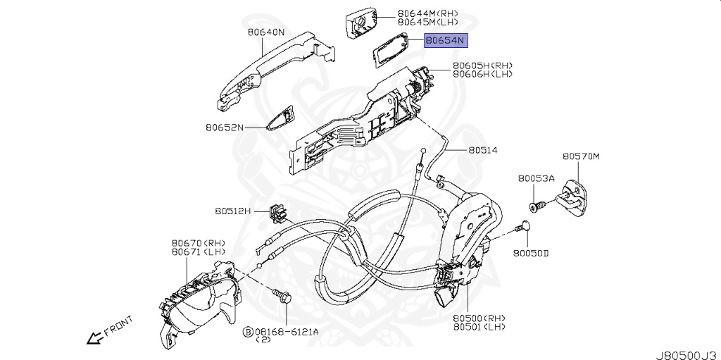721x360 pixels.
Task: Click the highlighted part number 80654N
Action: [x=445, y=41]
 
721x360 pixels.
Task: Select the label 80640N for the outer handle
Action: [x=265, y=32]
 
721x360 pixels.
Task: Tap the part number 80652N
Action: [x=224, y=128]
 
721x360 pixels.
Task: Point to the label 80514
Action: [x=482, y=150]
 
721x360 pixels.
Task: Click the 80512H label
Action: [x=232, y=210]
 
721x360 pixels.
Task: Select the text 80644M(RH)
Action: [x=427, y=13]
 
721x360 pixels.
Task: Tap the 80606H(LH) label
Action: [x=482, y=74]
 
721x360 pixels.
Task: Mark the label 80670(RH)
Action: [x=198, y=242]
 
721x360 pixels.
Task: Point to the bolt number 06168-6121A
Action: [x=287, y=330]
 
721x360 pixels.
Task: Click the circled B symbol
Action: [x=247, y=330]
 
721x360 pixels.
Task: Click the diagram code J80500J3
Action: [x=686, y=350]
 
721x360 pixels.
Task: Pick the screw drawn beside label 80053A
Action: [x=539, y=206]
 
